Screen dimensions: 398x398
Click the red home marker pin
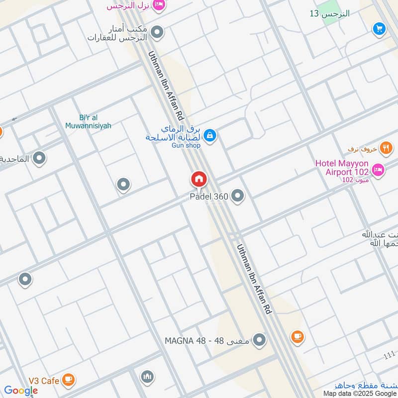point(199,179)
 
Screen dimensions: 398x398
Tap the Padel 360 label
point(209,197)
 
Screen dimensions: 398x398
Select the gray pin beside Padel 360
point(238,196)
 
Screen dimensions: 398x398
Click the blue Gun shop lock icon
point(210,135)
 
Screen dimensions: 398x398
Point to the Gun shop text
point(187,145)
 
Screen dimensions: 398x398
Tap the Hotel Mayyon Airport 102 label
point(342,168)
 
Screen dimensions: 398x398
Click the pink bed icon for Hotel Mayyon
point(378,170)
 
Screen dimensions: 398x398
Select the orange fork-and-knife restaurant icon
point(386,148)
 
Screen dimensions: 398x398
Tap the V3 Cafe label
point(44,381)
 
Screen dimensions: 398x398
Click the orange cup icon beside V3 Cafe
point(69,381)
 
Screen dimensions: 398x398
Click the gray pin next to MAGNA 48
point(259,340)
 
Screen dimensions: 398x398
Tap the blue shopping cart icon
point(380,29)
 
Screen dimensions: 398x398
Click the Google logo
point(21,391)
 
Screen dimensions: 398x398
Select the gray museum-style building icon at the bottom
point(147,377)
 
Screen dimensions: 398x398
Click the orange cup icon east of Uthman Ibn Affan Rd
point(297,337)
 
